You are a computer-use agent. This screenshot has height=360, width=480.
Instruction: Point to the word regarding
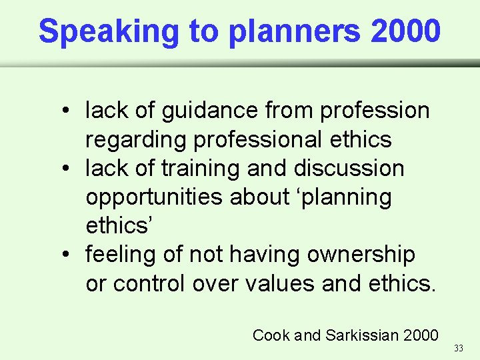point(137,139)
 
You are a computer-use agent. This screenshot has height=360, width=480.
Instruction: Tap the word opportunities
point(155,197)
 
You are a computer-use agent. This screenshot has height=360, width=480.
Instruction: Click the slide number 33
point(458,348)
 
